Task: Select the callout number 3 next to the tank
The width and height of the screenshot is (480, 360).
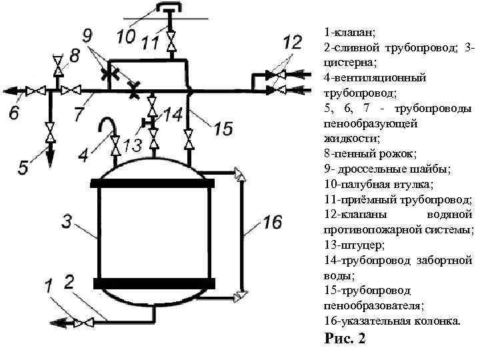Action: click(67, 222)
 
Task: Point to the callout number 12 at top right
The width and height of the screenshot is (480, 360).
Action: click(291, 43)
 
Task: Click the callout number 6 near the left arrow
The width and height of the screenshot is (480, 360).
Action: click(23, 167)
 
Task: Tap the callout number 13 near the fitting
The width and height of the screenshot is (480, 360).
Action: click(132, 145)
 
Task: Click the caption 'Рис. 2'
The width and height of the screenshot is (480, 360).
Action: click(345, 339)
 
